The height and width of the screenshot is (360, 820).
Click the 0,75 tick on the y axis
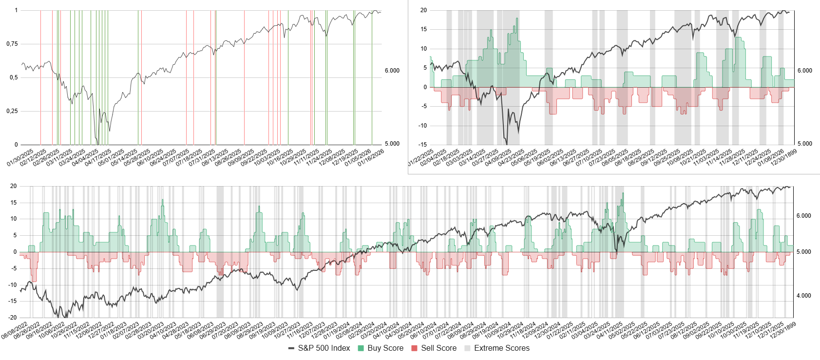(12, 44)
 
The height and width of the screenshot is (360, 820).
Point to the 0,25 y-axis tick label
(12, 111)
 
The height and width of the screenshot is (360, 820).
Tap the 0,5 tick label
(13, 77)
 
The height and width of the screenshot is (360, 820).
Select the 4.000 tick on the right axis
(804, 296)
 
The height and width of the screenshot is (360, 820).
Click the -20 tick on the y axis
(13, 318)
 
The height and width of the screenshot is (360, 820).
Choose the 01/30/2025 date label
(20, 158)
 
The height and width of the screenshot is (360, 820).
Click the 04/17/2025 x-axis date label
(98, 158)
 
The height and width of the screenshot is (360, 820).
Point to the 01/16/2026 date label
(371, 158)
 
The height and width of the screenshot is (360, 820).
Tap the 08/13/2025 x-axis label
(215, 158)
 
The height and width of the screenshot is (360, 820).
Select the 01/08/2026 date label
(771, 158)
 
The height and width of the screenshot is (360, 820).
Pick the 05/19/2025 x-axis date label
(537, 158)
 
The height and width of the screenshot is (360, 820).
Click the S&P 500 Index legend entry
(324, 348)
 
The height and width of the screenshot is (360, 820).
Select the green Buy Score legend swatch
(361, 348)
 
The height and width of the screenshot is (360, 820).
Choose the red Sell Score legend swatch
(415, 348)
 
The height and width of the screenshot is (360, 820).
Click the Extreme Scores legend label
(501, 348)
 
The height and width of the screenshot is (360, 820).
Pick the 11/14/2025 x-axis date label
(719, 158)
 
